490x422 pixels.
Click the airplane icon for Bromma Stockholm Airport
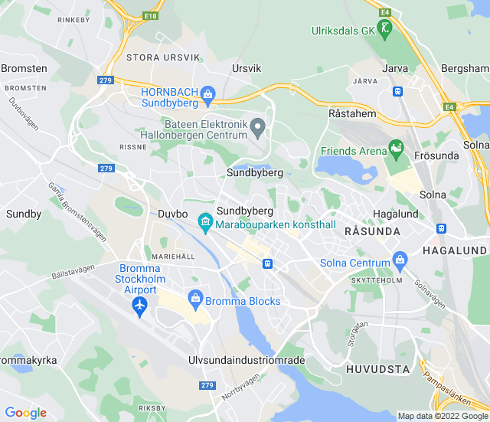pos(139,306)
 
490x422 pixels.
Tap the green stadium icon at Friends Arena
pos(396,146)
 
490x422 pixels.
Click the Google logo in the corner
pos(25,413)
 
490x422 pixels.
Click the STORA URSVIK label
pos(163,57)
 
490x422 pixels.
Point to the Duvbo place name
pos(172,214)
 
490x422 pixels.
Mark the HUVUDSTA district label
pos(377,369)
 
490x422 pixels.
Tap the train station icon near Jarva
pos(397,91)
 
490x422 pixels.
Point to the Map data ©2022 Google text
pos(443,416)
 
